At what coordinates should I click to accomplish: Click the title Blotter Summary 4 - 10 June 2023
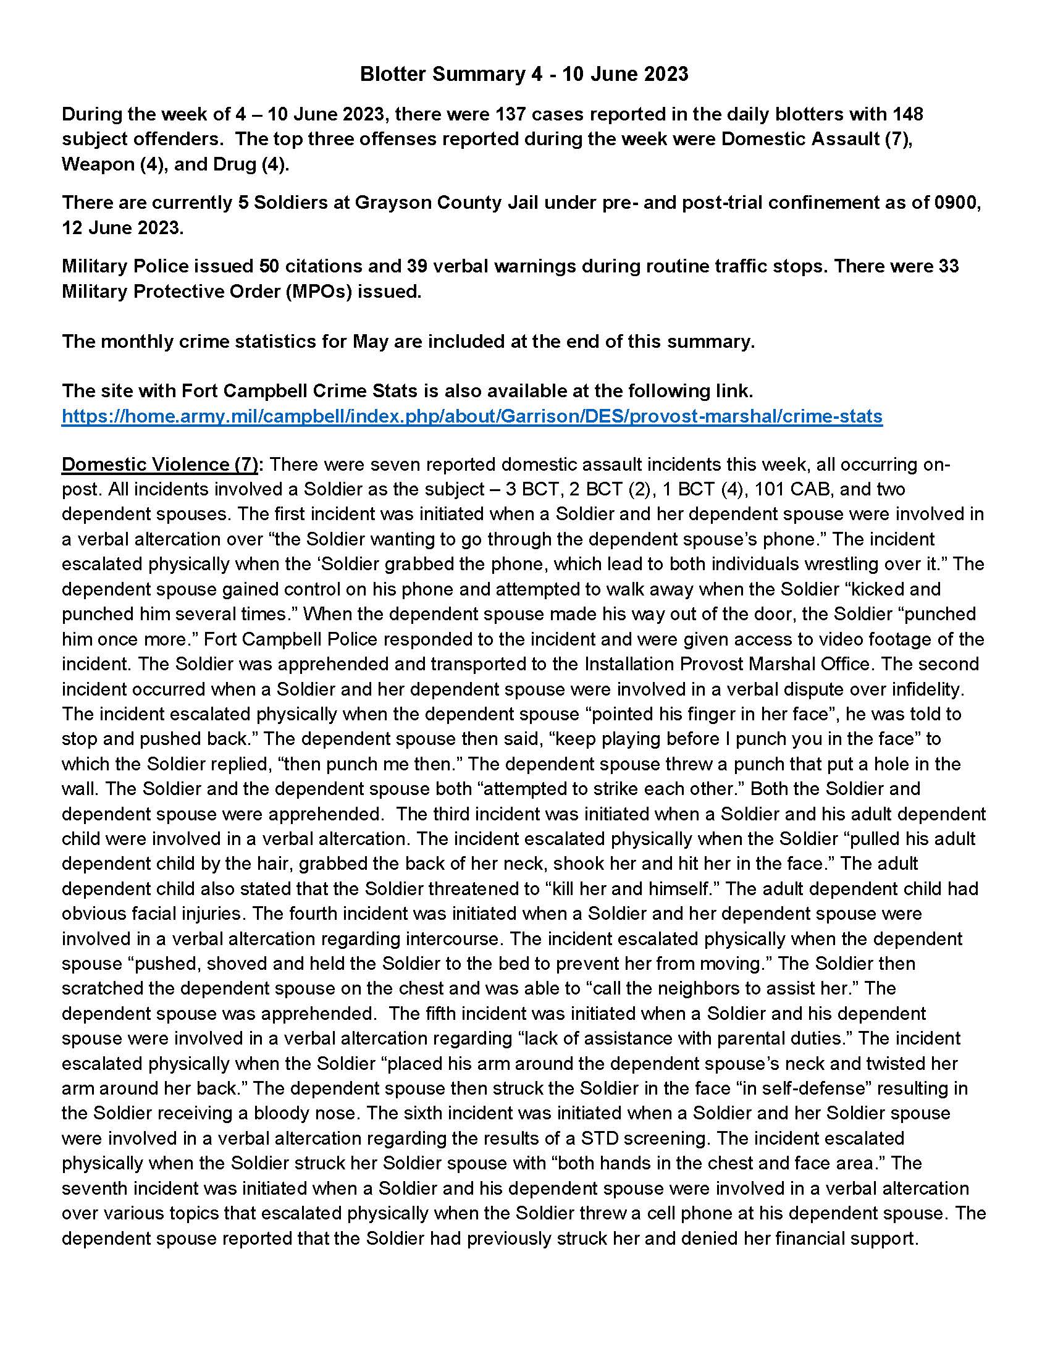[x=524, y=74]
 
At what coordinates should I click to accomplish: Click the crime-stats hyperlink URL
[x=471, y=416]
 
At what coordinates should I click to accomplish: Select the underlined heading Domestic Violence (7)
[x=160, y=464]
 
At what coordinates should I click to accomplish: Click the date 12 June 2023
[x=122, y=228]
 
